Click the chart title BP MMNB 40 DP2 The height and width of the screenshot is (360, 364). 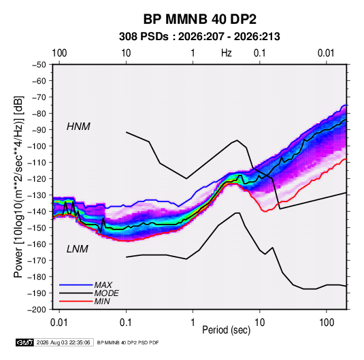pos(199,19)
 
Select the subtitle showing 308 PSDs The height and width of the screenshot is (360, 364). pos(199,37)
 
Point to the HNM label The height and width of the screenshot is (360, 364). pos(78,127)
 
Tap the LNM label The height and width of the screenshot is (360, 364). pos(78,249)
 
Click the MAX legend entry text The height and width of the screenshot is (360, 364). pos(103,284)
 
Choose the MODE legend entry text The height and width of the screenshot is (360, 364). pos(107,293)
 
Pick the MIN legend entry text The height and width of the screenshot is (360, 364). pos(102,301)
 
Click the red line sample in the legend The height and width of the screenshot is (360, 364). pos(76,301)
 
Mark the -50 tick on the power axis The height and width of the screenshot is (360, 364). pos(39,65)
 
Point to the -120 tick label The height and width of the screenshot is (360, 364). pos(37,179)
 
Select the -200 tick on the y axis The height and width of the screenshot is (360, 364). pos(37,310)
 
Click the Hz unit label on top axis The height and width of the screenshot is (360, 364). pos(227,53)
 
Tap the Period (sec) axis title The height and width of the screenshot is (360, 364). pos(227,330)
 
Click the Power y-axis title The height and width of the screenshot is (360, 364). pos(18,187)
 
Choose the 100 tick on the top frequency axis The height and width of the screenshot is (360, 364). pos(59,53)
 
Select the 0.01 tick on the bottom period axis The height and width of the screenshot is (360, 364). pos(59,323)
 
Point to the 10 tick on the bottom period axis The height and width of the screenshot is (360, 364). pos(259,323)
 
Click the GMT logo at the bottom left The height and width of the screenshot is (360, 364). pos(24,342)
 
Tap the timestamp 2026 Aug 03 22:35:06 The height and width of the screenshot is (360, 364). pos(63,342)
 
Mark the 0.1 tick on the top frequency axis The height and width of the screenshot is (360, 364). pos(259,53)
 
